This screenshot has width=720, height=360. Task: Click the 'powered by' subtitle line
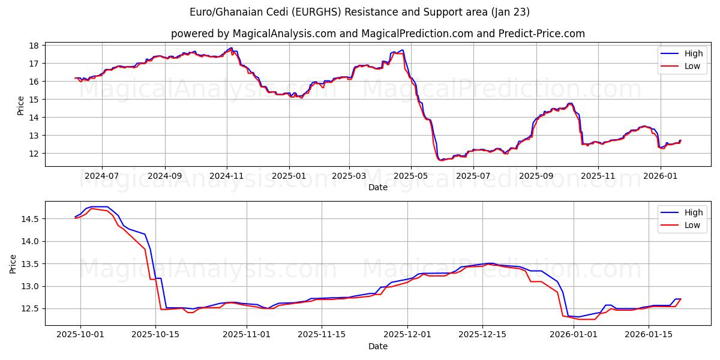(377, 34)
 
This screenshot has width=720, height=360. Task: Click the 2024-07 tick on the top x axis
(101, 176)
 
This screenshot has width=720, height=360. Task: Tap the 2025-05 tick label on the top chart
(411, 176)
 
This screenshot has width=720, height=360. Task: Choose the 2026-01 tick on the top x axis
(661, 176)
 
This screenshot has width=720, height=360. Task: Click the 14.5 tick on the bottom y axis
(29, 219)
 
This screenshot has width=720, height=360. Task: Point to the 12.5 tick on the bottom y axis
(29, 309)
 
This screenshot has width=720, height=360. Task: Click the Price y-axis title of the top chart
(21, 106)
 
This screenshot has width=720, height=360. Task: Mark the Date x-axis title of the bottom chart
(377, 346)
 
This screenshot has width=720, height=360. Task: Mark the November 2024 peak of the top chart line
(231, 48)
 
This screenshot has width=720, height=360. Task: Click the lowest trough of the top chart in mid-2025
(441, 160)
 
